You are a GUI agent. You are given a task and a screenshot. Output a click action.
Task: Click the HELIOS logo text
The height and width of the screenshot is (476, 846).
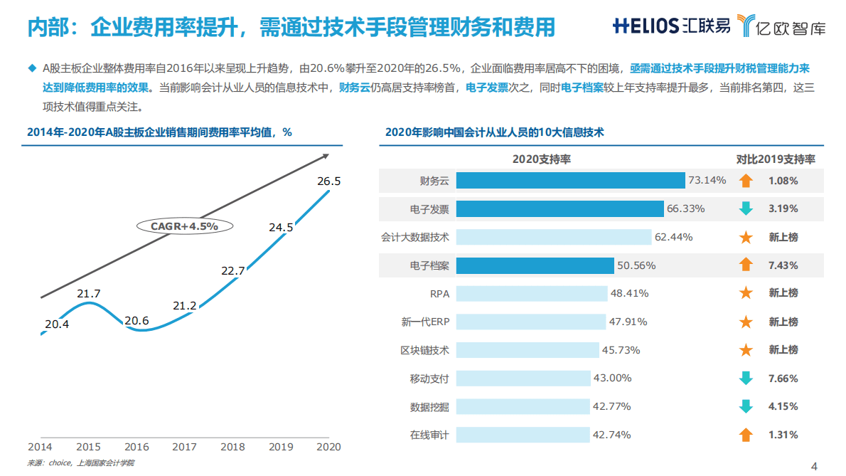click(646, 26)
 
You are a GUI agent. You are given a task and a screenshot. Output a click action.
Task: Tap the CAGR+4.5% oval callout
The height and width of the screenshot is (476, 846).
click(184, 226)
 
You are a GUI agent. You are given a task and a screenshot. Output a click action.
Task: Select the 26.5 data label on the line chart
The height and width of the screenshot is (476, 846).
click(329, 181)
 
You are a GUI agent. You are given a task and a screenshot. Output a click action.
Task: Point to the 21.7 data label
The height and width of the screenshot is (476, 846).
click(89, 293)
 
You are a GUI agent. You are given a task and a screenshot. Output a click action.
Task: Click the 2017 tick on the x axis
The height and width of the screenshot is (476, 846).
click(185, 447)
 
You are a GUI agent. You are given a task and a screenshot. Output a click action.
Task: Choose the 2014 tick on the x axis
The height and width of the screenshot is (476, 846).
click(40, 447)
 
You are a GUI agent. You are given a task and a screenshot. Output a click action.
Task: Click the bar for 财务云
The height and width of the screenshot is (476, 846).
click(570, 181)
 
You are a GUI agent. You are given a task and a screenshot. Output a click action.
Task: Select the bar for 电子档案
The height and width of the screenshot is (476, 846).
click(535, 265)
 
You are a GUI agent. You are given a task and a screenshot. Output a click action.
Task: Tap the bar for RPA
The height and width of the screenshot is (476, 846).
click(532, 293)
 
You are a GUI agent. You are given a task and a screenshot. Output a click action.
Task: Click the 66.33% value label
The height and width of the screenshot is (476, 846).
click(685, 208)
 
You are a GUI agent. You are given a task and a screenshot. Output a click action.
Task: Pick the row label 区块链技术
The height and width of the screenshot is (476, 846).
click(424, 350)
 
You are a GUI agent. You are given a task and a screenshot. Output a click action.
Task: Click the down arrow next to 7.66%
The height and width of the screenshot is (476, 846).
click(746, 379)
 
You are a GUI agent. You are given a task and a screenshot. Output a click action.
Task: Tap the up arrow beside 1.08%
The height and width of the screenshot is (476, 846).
click(746, 181)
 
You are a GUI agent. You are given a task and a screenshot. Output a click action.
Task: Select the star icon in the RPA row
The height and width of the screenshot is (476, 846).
click(746, 293)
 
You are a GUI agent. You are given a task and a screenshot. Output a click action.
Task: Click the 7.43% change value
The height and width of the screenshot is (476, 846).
click(783, 265)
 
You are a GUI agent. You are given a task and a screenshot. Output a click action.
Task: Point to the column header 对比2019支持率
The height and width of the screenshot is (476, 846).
click(775, 159)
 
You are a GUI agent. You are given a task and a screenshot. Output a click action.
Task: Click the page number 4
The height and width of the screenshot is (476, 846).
click(815, 466)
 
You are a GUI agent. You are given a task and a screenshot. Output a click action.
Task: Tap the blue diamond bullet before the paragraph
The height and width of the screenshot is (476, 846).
click(31, 68)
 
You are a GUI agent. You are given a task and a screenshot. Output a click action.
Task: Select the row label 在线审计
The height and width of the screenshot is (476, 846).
click(429, 435)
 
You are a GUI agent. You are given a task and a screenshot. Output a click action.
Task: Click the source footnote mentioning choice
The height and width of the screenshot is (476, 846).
click(80, 463)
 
